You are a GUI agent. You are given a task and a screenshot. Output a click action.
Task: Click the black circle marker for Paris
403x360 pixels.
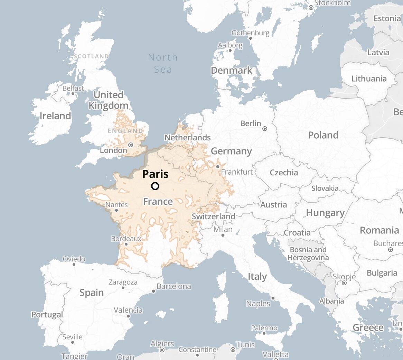click(x=155, y=186)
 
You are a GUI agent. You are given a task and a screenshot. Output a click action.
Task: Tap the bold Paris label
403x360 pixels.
click(x=155, y=174)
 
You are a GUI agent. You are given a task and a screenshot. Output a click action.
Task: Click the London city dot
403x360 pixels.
click(x=131, y=145)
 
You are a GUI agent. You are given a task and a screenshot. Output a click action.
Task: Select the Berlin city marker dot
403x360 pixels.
click(x=265, y=129)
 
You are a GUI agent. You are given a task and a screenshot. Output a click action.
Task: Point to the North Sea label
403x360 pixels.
click(x=163, y=63)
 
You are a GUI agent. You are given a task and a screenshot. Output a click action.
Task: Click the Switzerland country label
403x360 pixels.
click(x=213, y=216)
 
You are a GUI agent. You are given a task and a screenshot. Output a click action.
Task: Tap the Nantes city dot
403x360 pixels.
click(x=116, y=210)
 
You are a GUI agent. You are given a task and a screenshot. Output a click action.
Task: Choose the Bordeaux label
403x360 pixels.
click(x=126, y=239)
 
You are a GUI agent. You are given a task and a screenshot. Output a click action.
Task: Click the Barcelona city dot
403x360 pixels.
click(x=153, y=291)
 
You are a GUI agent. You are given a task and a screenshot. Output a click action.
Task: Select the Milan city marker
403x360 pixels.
click(x=223, y=235)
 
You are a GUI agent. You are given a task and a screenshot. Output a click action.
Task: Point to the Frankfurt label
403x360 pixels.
click(x=237, y=172)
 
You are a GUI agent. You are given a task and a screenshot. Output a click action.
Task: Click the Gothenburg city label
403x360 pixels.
click(x=250, y=33)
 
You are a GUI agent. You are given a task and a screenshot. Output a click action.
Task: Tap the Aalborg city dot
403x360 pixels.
click(x=230, y=50)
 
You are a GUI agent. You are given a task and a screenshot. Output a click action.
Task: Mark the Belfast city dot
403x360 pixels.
click(x=73, y=93)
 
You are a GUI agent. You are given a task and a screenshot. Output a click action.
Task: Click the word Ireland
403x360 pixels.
click(x=55, y=116)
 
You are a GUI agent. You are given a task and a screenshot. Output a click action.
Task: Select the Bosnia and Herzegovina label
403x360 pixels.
click(x=308, y=254)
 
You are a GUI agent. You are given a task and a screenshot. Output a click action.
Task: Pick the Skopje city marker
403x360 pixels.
click(x=344, y=283)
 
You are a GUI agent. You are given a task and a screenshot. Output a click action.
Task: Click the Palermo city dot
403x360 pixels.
click(x=264, y=333)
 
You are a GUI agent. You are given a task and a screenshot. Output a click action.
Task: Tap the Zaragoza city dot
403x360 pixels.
click(x=123, y=287)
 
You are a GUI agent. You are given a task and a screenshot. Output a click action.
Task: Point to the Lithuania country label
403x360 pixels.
click(x=369, y=79)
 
